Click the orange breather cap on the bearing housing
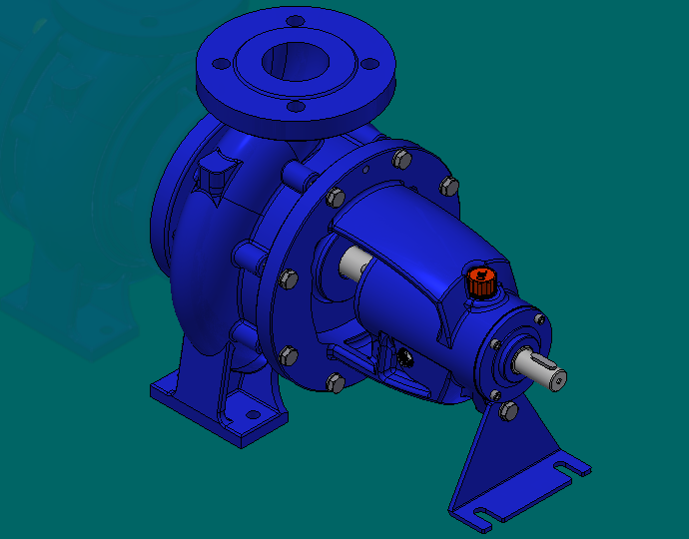point(480,282)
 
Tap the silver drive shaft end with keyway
point(539,369)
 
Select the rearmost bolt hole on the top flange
point(295,21)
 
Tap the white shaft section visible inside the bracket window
point(353,265)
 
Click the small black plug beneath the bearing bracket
point(407,356)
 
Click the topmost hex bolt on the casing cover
point(401,158)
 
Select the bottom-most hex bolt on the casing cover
point(335,381)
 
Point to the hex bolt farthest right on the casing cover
point(448,186)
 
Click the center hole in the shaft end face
point(558,377)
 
